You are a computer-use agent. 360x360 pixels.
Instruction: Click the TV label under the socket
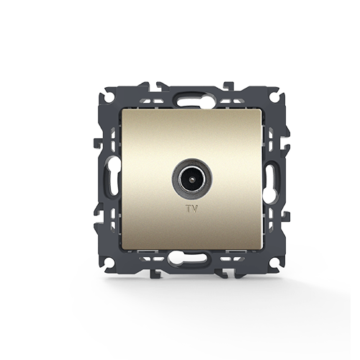click(x=192, y=209)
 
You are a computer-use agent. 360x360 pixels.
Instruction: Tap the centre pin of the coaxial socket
click(x=192, y=179)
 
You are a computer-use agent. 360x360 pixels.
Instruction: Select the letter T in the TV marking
click(x=189, y=209)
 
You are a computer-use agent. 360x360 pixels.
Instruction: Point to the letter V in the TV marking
click(x=195, y=209)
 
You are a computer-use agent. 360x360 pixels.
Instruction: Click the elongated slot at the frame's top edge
click(x=192, y=101)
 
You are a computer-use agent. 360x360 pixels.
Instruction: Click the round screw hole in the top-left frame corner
click(x=109, y=98)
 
